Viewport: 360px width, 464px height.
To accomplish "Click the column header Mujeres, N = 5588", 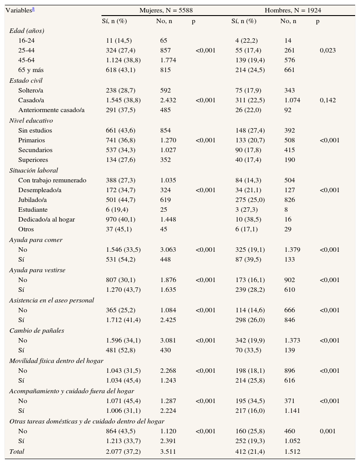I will tap(166, 10).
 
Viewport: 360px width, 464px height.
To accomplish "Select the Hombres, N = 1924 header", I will tap(293, 10).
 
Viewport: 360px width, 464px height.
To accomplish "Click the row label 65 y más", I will tap(31, 70).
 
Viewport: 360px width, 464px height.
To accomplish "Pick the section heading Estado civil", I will tap(26, 81).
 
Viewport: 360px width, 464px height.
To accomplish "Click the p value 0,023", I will tap(328, 51).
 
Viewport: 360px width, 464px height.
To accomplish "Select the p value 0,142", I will tap(328, 101).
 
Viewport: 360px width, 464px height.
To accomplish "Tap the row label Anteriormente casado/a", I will tap(51, 110).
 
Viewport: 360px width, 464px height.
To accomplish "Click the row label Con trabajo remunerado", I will tap(52, 181).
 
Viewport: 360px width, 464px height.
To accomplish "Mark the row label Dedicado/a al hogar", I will tap(46, 220).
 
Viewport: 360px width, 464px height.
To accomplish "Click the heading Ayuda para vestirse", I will tap(37, 270).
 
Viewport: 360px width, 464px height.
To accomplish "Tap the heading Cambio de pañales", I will tap(36, 331).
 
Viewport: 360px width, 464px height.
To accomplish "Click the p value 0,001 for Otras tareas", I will tap(328, 432).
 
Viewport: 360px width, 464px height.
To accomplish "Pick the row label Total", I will tap(17, 452).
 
